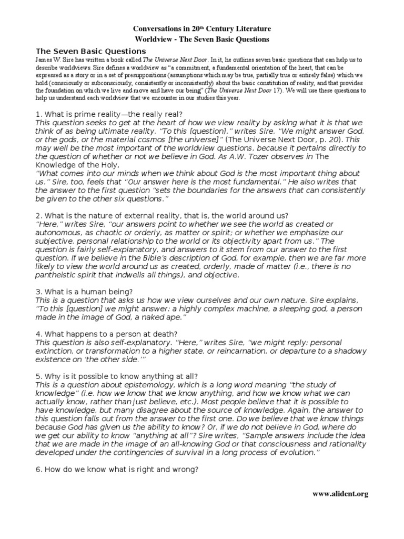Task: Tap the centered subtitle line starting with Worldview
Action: point(202,39)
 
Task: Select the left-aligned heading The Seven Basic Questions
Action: point(90,51)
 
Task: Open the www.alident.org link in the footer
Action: point(340,494)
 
